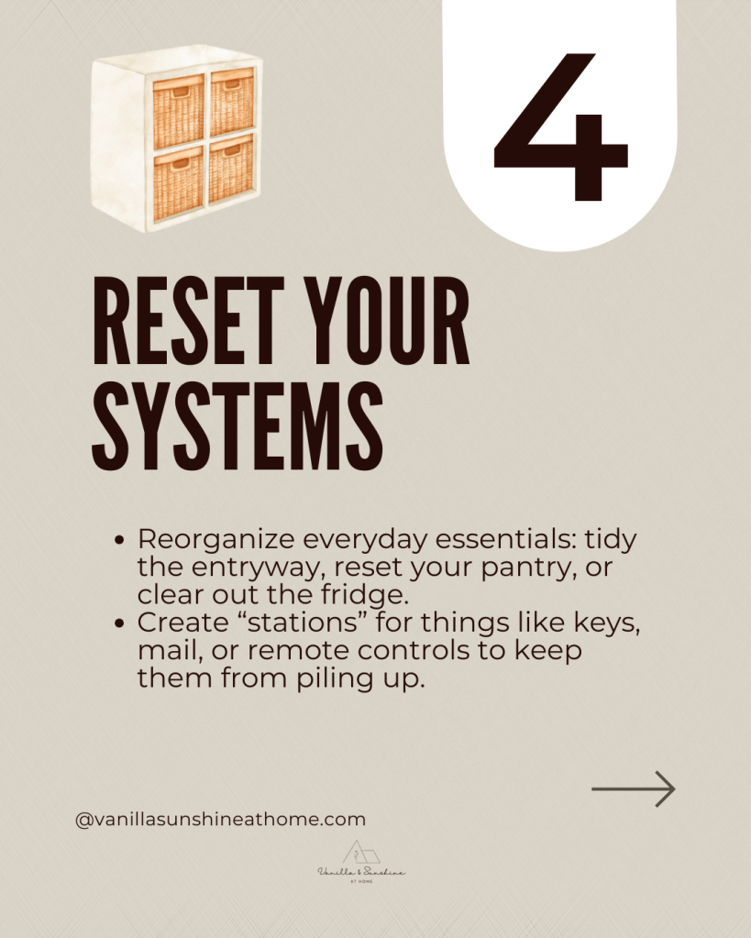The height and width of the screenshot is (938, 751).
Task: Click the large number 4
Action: point(559,127)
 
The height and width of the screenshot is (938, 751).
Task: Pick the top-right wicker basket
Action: point(232,102)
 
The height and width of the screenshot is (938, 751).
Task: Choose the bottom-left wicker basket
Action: point(178,184)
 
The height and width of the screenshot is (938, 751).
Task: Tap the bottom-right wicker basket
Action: point(231,171)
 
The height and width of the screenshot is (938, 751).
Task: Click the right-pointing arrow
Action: point(633,789)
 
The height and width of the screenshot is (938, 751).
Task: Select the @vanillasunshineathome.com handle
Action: point(220,819)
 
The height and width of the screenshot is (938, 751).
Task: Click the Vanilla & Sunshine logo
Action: point(361,862)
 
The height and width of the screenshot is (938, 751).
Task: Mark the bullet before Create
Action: point(119,623)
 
